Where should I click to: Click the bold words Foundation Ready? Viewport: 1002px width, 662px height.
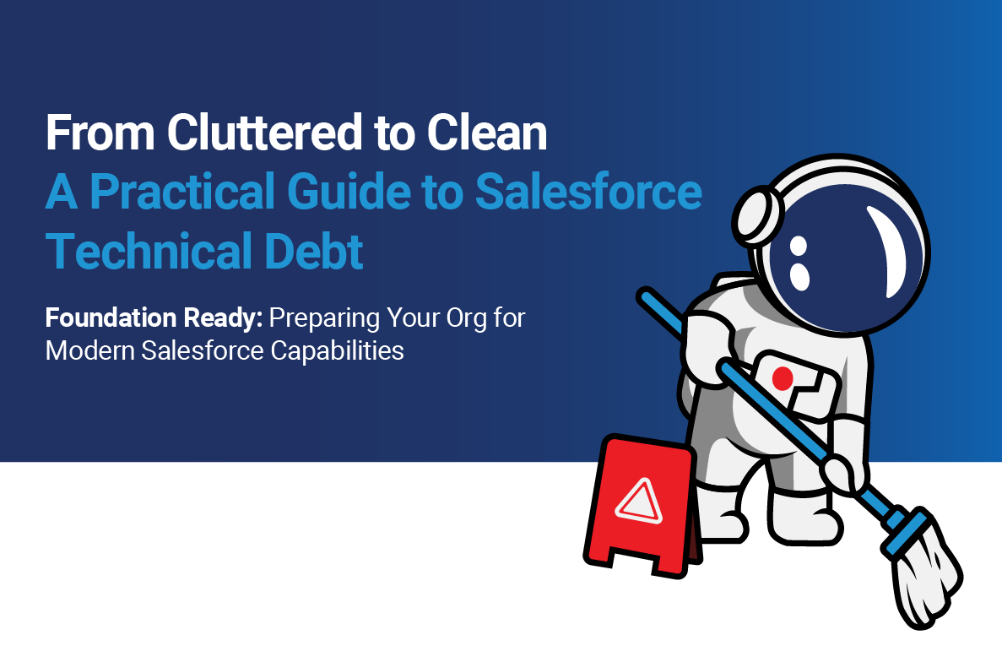[155, 320]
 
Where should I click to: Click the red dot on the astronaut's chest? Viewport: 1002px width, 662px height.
[781, 377]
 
